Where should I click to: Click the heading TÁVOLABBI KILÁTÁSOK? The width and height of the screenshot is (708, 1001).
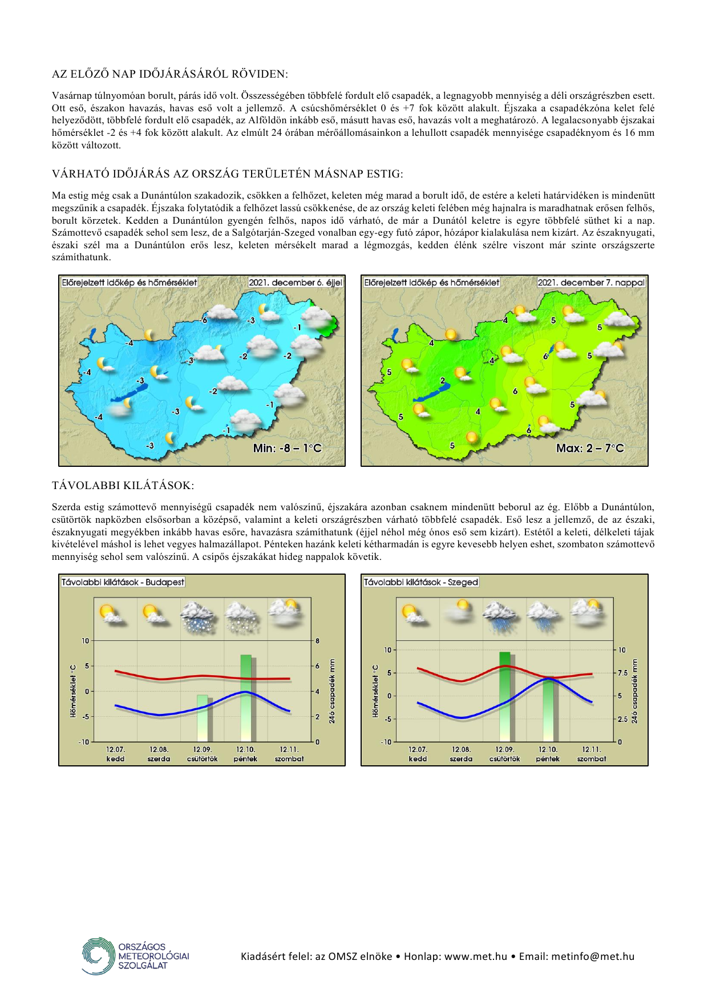pyautogui.click(x=123, y=486)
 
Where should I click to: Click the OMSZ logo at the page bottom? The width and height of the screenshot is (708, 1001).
pyautogui.click(x=135, y=956)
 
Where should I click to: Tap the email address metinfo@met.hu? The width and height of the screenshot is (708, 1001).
pyautogui.click(x=592, y=956)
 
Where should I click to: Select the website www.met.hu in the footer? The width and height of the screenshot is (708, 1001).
pyautogui.click(x=475, y=956)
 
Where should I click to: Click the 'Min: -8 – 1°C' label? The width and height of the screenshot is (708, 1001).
pyautogui.click(x=288, y=448)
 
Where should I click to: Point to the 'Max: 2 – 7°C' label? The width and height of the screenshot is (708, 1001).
pyautogui.click(x=590, y=448)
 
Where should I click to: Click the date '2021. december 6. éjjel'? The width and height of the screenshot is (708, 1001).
pyautogui.click(x=295, y=282)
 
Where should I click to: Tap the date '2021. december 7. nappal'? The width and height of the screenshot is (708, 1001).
pyautogui.click(x=591, y=282)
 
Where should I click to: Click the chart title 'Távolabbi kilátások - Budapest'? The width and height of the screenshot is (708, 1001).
pyautogui.click(x=123, y=582)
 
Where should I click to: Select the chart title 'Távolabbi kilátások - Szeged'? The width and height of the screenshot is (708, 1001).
pyautogui.click(x=421, y=582)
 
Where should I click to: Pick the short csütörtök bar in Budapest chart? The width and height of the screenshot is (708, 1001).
pyautogui.click(x=203, y=717)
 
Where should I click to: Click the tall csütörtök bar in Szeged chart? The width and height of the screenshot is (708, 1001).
pyautogui.click(x=505, y=696)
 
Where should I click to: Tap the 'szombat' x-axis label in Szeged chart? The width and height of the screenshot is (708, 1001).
pyautogui.click(x=591, y=759)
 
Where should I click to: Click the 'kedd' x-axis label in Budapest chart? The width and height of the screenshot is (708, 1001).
pyautogui.click(x=115, y=759)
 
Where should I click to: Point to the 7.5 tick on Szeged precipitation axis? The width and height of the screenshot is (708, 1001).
pyautogui.click(x=622, y=673)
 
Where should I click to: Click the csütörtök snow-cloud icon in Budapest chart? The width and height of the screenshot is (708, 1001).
pyautogui.click(x=198, y=617)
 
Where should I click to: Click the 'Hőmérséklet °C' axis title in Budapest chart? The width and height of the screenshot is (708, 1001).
pyautogui.click(x=73, y=691)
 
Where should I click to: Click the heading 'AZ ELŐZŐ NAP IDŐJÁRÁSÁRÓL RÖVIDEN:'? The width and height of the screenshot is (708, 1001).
pyautogui.click(x=170, y=74)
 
